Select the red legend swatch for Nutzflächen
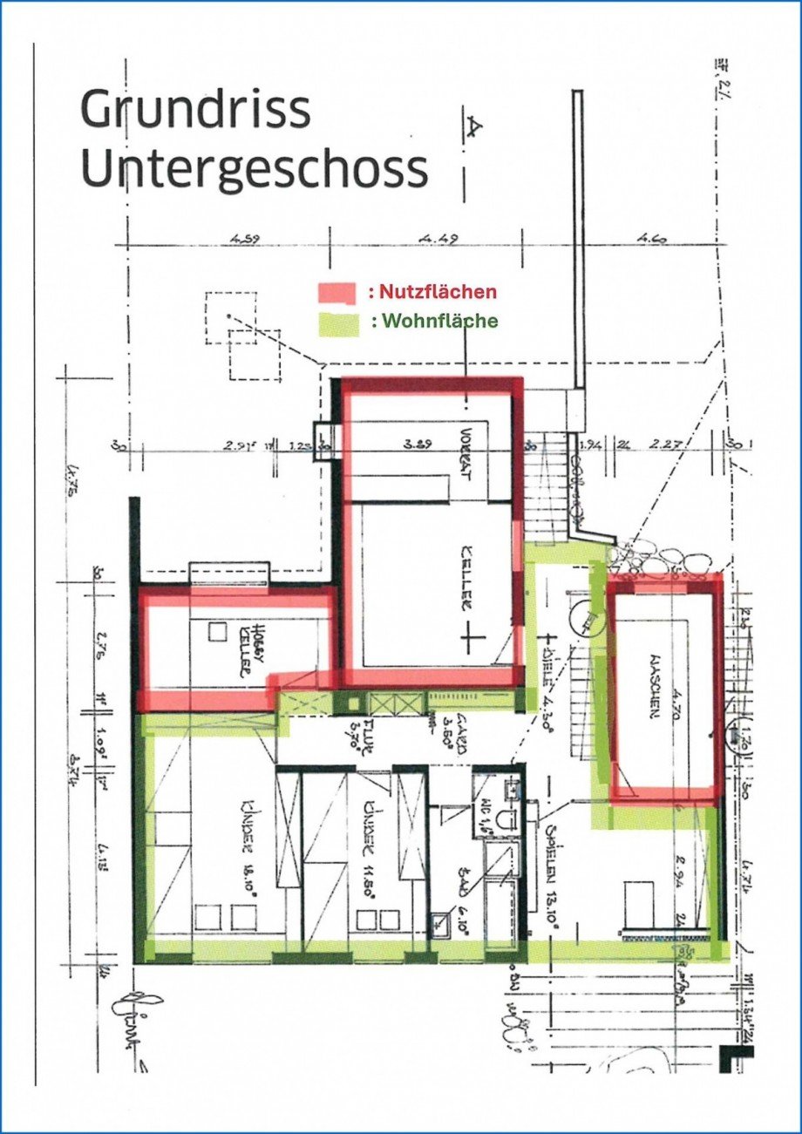click(337, 291)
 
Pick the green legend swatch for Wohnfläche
click(337, 322)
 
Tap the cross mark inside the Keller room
click(472, 639)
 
